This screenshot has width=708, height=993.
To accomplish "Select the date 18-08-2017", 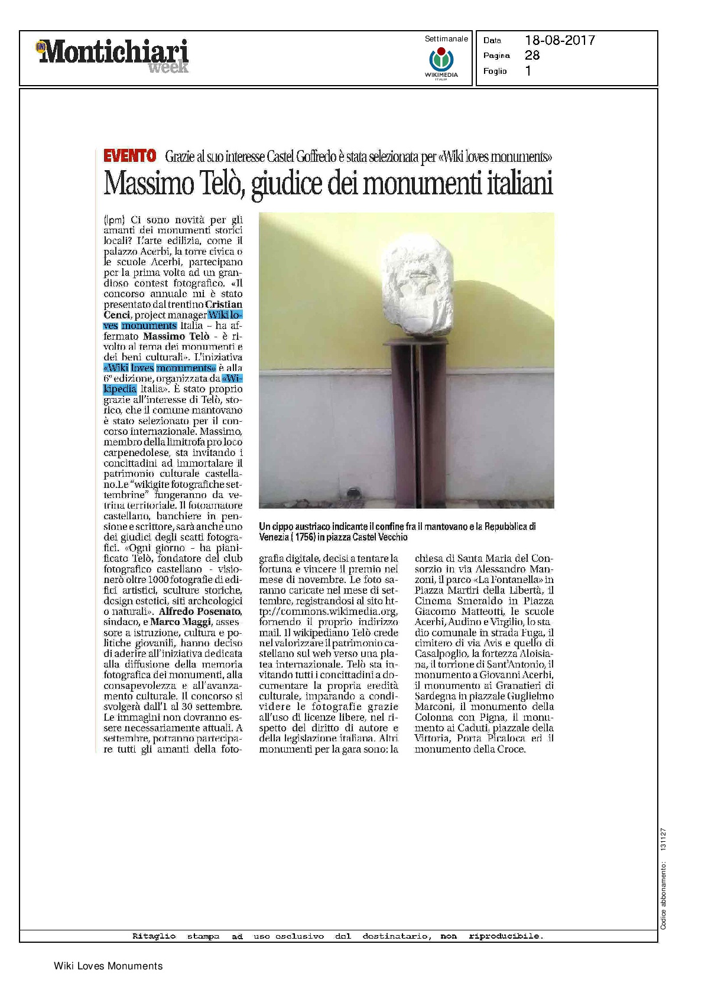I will [560, 40].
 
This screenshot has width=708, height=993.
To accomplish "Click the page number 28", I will [532, 56].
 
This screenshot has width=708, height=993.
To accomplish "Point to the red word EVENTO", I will [130, 157].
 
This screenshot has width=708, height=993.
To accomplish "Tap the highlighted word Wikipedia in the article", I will [120, 389].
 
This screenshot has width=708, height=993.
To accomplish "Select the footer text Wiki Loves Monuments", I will [108, 966].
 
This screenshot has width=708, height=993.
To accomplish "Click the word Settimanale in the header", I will [446, 39].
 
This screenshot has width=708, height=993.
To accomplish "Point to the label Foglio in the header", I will [495, 71].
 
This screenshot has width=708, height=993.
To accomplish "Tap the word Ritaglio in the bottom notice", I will [152, 936].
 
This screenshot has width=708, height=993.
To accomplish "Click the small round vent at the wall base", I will [354, 491].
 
